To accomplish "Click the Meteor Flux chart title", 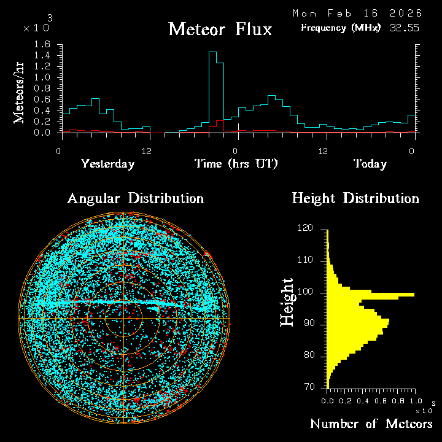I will coord(220,29).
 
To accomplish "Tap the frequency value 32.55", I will coord(405,28).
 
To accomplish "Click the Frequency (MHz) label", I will coord(341,28).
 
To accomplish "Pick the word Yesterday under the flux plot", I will coord(107,164).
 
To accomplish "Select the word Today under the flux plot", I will coord(370,164).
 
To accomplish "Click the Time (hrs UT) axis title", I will coord(236,164).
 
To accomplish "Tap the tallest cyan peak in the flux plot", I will coord(212,53).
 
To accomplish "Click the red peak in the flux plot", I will coord(220,122).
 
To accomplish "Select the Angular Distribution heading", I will coord(135,198).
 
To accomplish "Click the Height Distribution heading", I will coord(355,198).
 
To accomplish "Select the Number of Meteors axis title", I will coord(371,424).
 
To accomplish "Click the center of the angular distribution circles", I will coord(123,319).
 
